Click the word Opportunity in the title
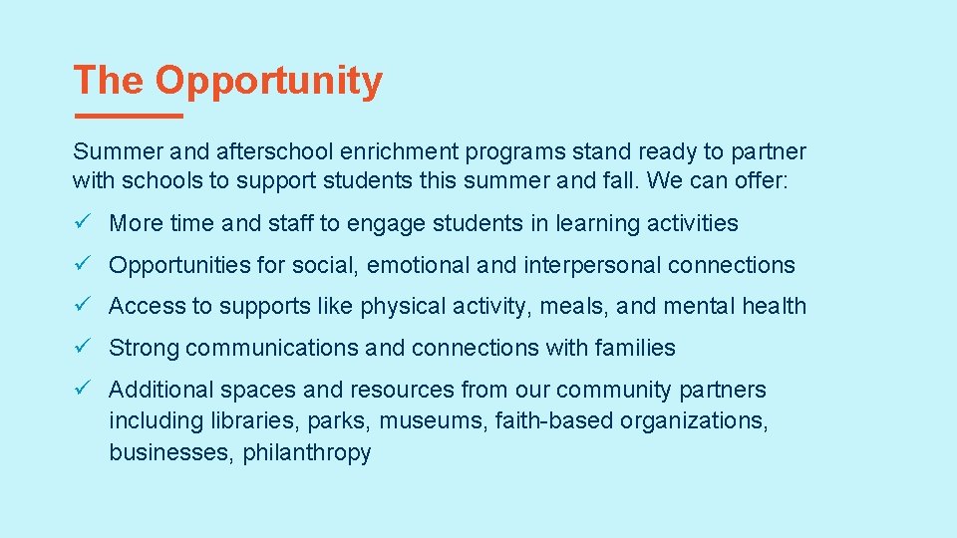[268, 82]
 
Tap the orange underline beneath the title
[128, 117]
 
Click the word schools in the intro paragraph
[158, 181]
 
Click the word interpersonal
[590, 265]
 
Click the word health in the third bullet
[774, 307]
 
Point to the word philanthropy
[307, 453]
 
